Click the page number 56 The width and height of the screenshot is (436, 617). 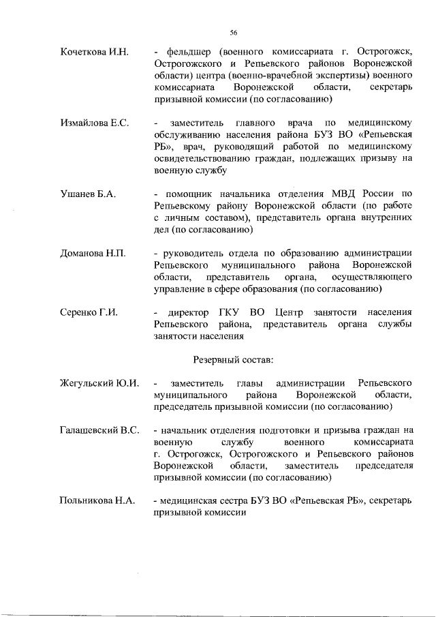click(x=233, y=32)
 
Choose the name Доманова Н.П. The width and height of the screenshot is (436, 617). click(x=93, y=253)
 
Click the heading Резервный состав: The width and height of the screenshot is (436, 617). click(x=233, y=359)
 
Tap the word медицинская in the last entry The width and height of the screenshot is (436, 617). click(x=189, y=502)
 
